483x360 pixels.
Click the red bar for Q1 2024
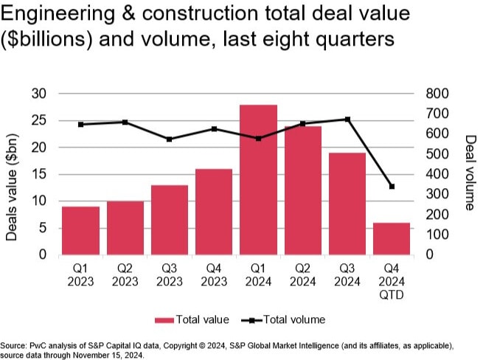pos(258,180)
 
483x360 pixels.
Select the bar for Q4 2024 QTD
pos(392,238)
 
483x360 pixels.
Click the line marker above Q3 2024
pos(347,120)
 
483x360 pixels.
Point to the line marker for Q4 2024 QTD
pos(392,187)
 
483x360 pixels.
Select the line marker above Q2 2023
pos(125,122)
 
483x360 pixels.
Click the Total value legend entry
pos(192,319)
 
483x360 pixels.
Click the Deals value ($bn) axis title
pos(13,174)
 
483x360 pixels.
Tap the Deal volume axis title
pos(470,173)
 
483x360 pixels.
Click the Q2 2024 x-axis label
pos(302,275)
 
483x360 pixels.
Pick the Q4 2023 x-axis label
pos(214,275)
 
